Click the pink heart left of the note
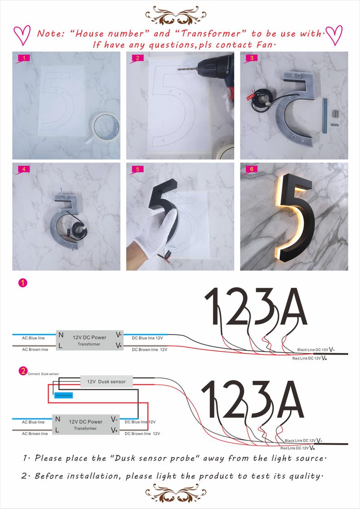click(21, 35)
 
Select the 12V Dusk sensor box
click(106, 382)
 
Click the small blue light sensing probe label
click(63, 395)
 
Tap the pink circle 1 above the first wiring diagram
click(22, 283)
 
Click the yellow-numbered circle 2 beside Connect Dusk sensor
click(22, 371)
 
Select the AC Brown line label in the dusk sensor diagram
click(35, 434)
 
